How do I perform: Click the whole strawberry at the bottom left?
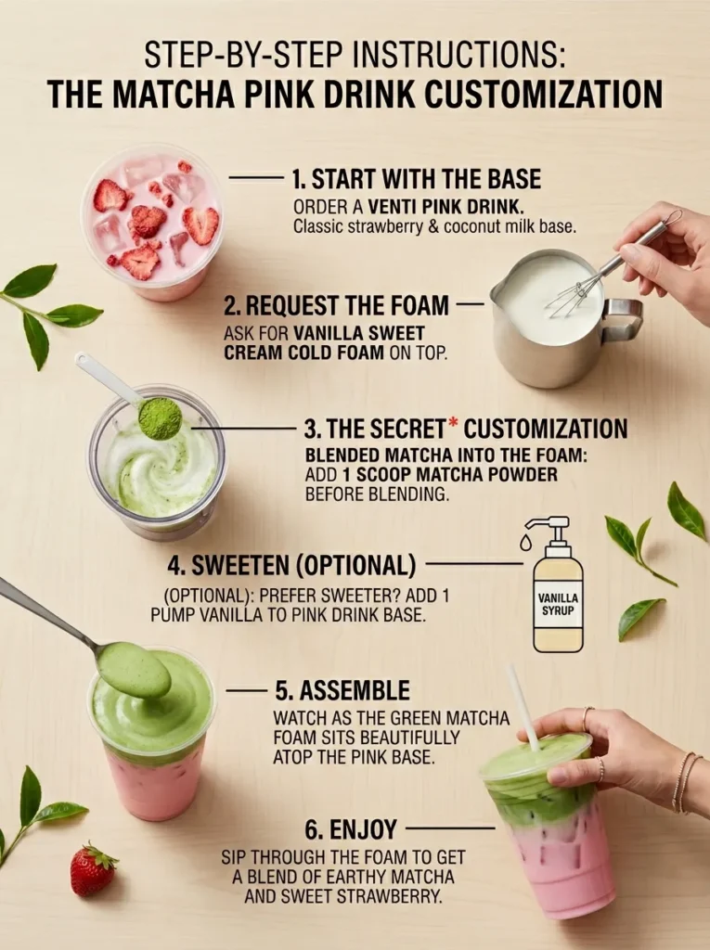93,869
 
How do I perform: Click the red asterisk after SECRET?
454,425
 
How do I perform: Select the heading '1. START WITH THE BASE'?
416,178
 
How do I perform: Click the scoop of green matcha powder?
160,417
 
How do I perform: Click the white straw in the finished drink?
522,705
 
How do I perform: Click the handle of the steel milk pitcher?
624,319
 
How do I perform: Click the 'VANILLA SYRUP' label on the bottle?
558,605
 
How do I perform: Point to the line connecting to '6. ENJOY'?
450,828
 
